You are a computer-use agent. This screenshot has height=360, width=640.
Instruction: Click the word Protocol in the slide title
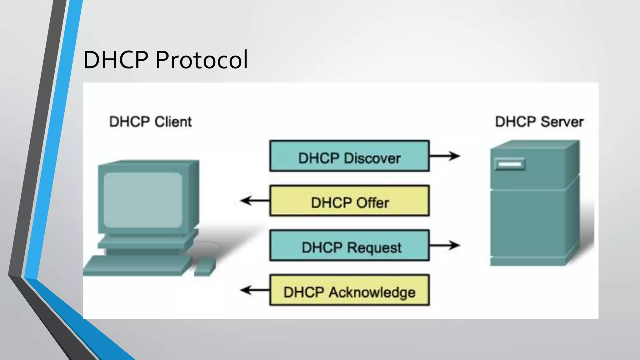point(202,60)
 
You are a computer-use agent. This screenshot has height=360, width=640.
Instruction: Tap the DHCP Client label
point(150,122)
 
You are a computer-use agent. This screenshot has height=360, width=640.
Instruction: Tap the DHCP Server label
point(539,122)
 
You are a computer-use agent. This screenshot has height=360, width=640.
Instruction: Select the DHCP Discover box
point(349,156)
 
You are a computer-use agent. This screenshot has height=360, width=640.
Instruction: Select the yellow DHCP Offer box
point(349,201)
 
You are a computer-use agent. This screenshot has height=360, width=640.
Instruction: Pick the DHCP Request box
point(349,246)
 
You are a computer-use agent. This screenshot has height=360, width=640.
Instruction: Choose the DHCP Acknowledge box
point(349,290)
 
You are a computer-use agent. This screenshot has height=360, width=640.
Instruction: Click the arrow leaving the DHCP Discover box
point(444,156)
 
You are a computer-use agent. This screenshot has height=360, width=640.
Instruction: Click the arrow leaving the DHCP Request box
point(444,245)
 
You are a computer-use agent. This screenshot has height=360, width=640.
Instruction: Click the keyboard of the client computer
point(137,266)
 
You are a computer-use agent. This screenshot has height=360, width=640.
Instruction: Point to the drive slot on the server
point(510,164)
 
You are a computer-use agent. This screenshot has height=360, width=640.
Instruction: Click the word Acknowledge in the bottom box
point(372,292)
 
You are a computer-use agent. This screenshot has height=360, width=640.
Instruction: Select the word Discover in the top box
point(372,158)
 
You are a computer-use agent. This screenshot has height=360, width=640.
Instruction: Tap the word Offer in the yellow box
point(372,203)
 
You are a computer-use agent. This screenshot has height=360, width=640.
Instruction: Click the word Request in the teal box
point(374,247)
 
